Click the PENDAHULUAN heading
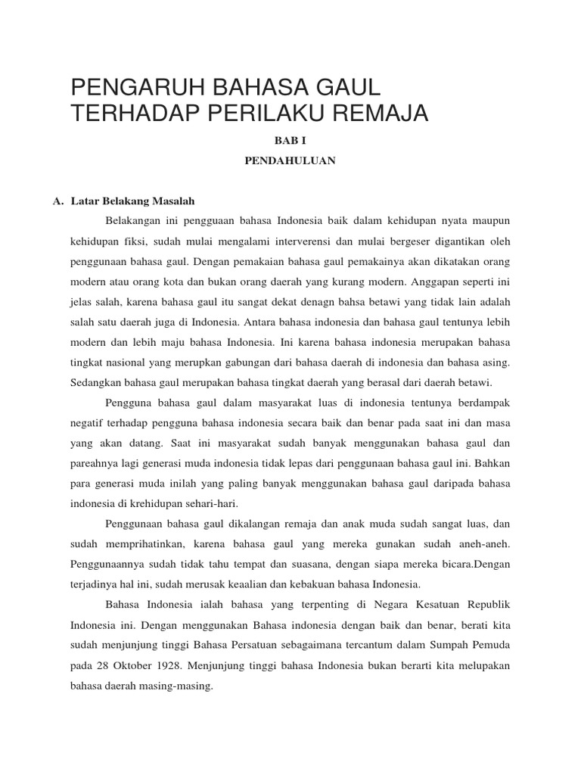point(290,161)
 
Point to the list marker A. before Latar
point(57,201)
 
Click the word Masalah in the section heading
point(176,201)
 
